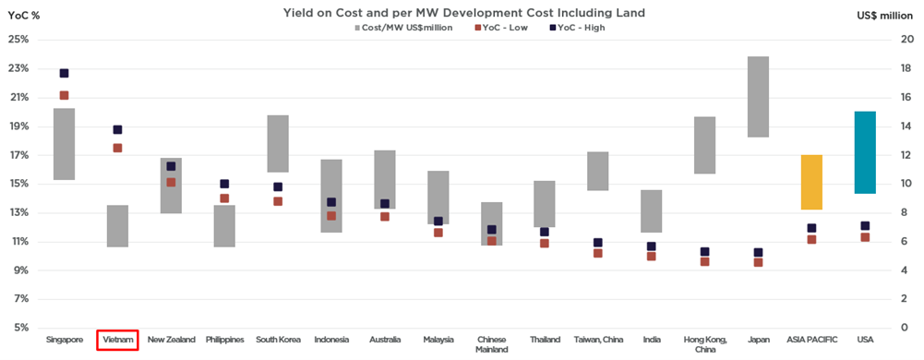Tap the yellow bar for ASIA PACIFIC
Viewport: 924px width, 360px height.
point(811,182)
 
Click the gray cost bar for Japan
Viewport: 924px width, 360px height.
point(758,97)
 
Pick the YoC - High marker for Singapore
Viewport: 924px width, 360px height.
point(64,73)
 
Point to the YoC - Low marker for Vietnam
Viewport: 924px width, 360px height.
point(117,148)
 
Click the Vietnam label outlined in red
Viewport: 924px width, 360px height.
point(117,340)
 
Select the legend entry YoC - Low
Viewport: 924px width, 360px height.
point(504,28)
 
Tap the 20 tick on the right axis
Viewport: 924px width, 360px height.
point(908,40)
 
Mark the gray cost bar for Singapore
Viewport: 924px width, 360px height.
point(64,144)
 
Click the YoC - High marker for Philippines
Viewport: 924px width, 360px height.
point(224,185)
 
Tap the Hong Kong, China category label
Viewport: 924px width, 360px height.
point(704,344)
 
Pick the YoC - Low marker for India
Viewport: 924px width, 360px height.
point(651,256)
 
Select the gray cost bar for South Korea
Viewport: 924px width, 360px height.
point(278,144)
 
